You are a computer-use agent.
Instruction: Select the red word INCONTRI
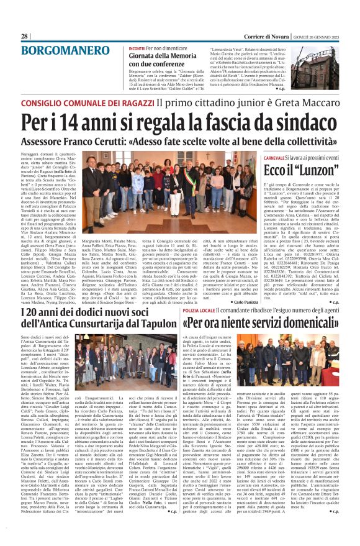click(138, 48)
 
